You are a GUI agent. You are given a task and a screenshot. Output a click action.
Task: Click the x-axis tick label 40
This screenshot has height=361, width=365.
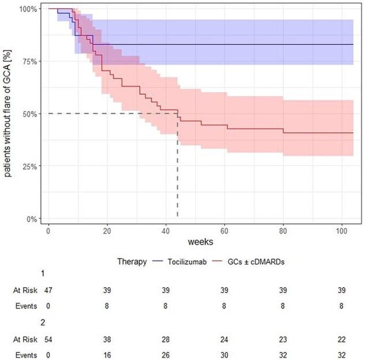(x=165, y=231)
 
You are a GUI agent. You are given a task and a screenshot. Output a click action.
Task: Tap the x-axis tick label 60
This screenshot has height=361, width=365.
(x=224, y=231)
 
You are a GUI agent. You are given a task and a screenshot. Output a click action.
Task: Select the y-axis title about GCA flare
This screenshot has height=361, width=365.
(x=9, y=114)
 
